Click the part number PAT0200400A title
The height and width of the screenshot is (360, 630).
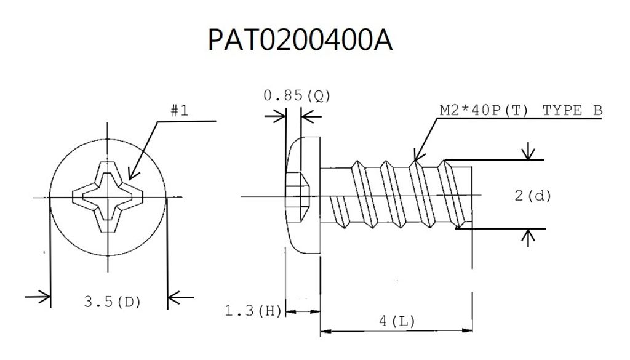(300, 40)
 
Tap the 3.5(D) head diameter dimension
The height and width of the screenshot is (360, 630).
(113, 302)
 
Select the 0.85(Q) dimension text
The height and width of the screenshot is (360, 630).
(297, 96)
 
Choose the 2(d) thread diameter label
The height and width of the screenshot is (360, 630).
(533, 196)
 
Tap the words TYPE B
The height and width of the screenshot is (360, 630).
(573, 110)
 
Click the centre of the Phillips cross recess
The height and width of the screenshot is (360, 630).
(108, 196)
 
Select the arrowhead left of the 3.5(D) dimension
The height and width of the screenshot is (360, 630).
(43, 298)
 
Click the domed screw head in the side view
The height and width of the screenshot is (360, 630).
(305, 196)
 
